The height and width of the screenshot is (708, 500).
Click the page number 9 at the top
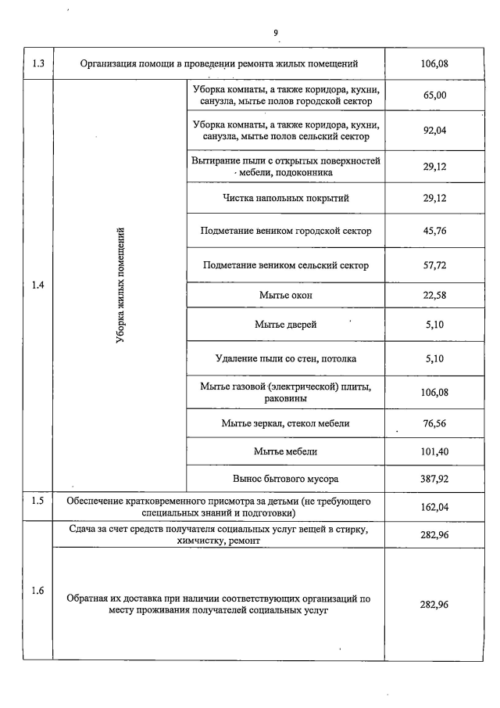(276, 32)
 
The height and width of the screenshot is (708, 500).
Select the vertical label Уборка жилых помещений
(120, 285)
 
